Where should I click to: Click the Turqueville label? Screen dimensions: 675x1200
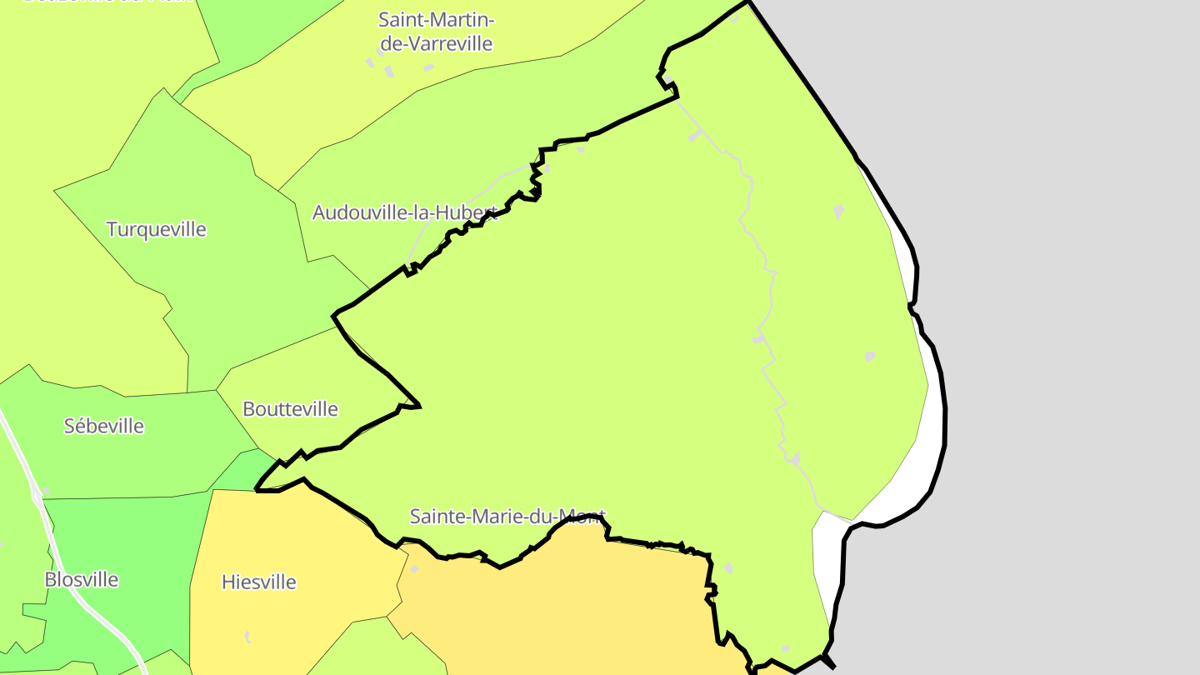156,229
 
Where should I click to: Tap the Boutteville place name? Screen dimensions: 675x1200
290,409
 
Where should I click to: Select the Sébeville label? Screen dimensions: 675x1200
104,426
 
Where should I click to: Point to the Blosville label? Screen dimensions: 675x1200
82,579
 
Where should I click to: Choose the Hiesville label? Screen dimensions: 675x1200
258,582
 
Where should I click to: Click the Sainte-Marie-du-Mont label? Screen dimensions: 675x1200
507,517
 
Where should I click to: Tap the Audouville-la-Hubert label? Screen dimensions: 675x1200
405,212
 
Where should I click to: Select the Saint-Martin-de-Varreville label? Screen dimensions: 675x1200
436,31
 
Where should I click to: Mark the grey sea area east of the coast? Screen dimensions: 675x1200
1067,333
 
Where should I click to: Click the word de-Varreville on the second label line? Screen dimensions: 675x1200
437,43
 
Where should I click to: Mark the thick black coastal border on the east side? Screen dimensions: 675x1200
944,417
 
